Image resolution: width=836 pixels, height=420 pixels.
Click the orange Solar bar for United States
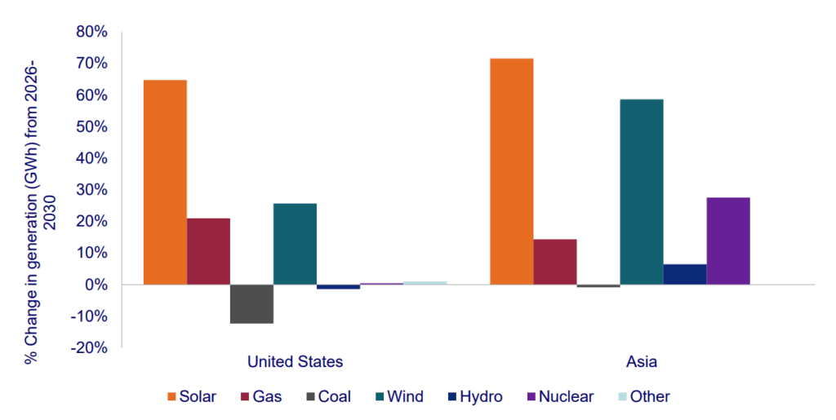[x=165, y=182]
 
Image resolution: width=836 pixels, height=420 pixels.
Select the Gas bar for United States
[x=208, y=251]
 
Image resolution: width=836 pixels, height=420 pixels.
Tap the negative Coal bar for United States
[x=251, y=303]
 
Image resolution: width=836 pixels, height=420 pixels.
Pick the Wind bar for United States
[x=295, y=244]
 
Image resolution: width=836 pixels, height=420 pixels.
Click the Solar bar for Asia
[x=511, y=171]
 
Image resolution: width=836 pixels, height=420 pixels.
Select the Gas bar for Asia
[x=554, y=262]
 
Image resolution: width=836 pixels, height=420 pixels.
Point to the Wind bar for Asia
[x=642, y=192]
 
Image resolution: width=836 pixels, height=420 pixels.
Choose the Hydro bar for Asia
[x=685, y=274]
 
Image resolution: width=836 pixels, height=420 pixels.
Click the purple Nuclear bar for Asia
[x=728, y=241]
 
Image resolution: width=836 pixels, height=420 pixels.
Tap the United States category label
[x=295, y=361]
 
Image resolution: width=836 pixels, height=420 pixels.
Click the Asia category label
[x=641, y=361]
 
